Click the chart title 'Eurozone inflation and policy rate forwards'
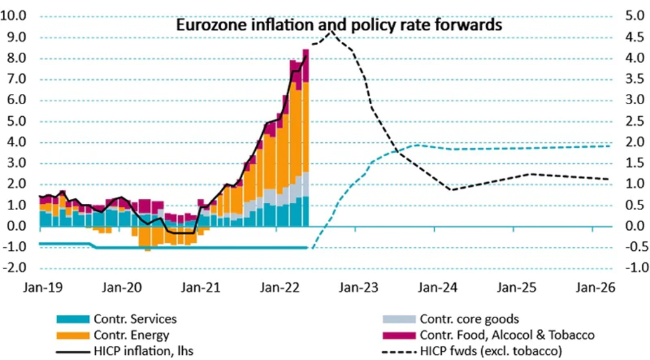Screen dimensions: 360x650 coord(339,25)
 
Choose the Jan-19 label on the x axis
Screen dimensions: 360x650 coord(39,288)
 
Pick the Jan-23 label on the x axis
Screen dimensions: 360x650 coord(357,288)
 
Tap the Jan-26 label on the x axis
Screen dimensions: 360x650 coord(595,288)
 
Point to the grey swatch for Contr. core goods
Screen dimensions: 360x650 coord(399,319)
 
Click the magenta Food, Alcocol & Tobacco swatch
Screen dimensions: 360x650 coord(399,335)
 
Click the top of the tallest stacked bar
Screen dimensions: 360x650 coord(305,50)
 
